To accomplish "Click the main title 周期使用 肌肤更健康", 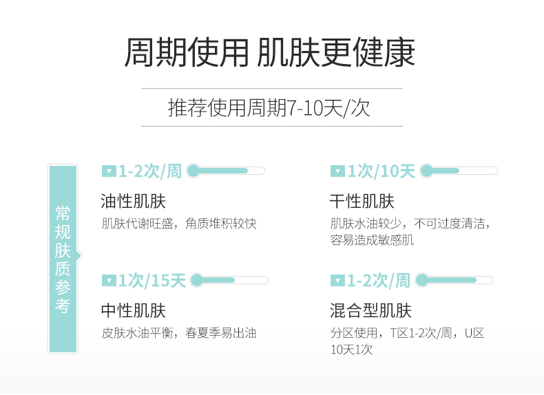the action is pyautogui.click(x=270, y=53).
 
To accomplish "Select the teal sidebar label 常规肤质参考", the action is pyautogui.click(x=63, y=259).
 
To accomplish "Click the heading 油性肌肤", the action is pyautogui.click(x=133, y=202).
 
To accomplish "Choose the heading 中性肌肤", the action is pyautogui.click(x=133, y=311).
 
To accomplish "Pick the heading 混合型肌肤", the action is pyautogui.click(x=370, y=311).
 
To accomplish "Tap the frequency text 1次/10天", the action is pyautogui.click(x=381, y=171).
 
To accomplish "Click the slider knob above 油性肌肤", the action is pyautogui.click(x=193, y=171).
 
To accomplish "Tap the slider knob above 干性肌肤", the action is pyautogui.click(x=426, y=171).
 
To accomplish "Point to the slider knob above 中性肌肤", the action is pyautogui.click(x=197, y=280).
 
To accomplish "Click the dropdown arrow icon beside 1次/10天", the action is pyautogui.click(x=337, y=171).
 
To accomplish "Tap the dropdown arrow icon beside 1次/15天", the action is pyautogui.click(x=109, y=281).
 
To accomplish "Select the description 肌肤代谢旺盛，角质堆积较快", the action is pyautogui.click(x=178, y=224).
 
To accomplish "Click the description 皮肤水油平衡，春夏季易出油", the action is pyautogui.click(x=178, y=333).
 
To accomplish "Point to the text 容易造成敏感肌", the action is pyautogui.click(x=372, y=240).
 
